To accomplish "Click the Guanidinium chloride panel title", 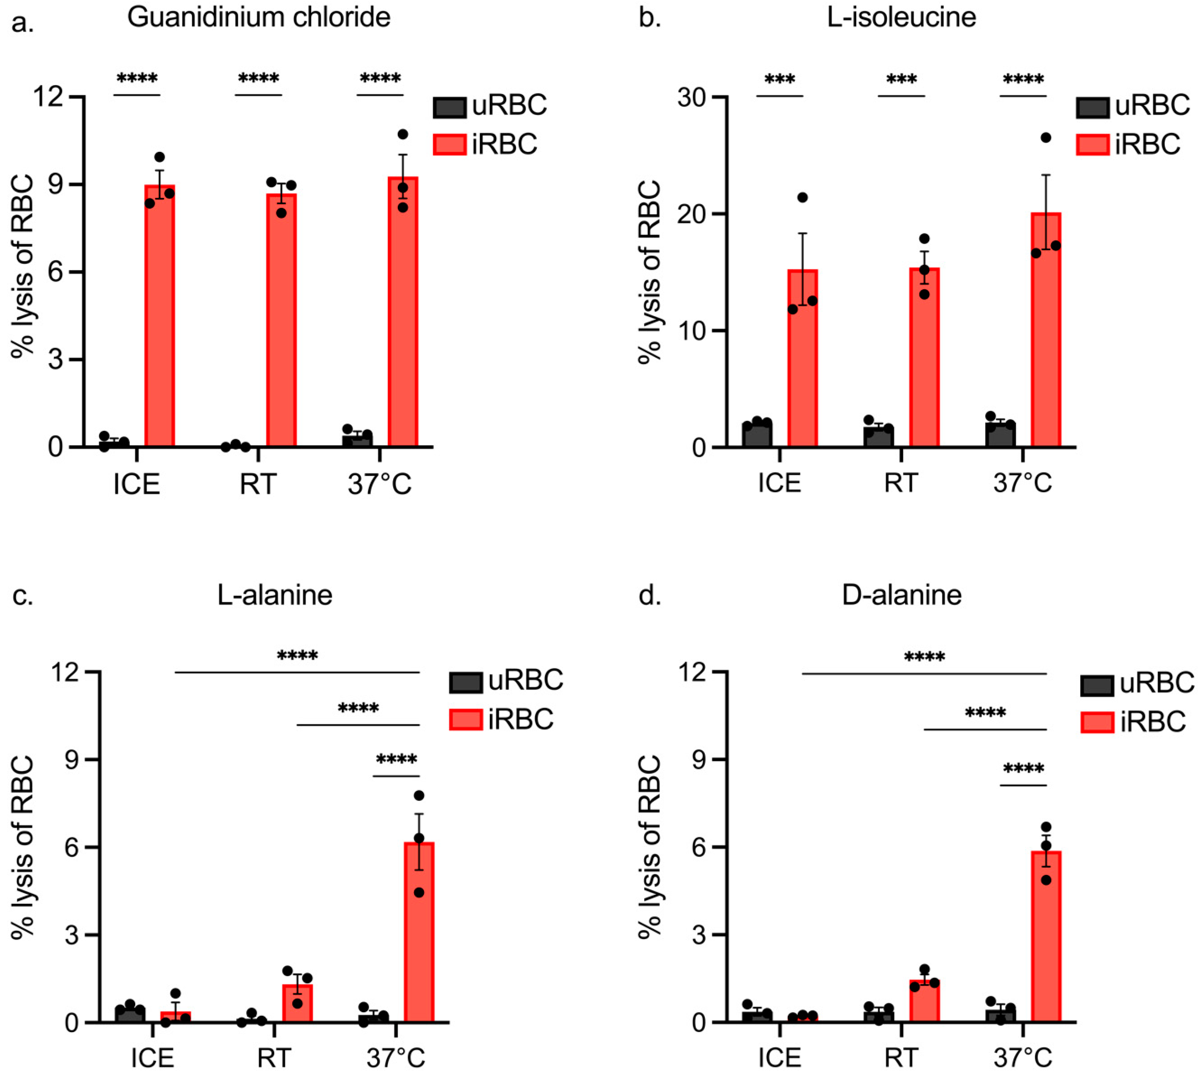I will [x=259, y=18].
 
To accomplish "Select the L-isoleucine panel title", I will [x=901, y=18].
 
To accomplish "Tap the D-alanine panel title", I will [x=901, y=595].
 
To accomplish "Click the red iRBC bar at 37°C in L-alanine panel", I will [x=419, y=932].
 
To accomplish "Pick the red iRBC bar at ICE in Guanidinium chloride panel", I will [x=160, y=315].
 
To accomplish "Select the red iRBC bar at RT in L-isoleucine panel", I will [x=924, y=357].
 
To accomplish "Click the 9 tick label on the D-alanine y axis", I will [x=702, y=760].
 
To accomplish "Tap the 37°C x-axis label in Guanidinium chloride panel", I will [x=379, y=484].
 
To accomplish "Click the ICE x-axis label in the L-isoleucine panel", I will [x=779, y=482].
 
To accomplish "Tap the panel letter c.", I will [x=22, y=595].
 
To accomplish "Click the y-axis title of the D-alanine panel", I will [x=650, y=847].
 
